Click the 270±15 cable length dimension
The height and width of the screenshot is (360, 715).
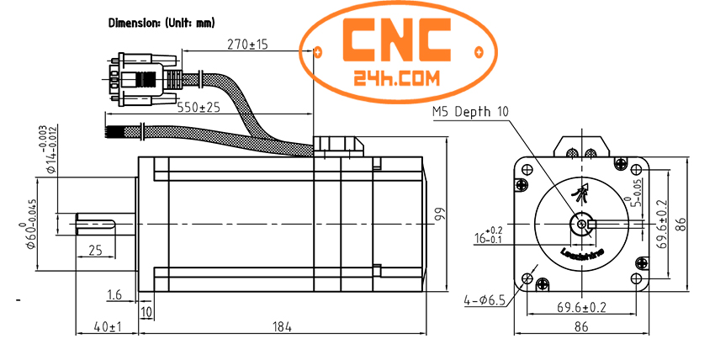coord(247,45)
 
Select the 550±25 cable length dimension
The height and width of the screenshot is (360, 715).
coord(199,108)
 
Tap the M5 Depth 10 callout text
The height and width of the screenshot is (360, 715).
coord(470,112)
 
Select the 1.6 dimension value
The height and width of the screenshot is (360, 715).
coord(116,294)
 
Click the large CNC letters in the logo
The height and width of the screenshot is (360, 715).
coord(400,38)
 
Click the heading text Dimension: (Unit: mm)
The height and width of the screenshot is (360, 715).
coord(162,23)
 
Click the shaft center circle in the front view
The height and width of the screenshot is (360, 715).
coord(581,224)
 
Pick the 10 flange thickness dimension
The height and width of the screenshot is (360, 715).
coord(146,312)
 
